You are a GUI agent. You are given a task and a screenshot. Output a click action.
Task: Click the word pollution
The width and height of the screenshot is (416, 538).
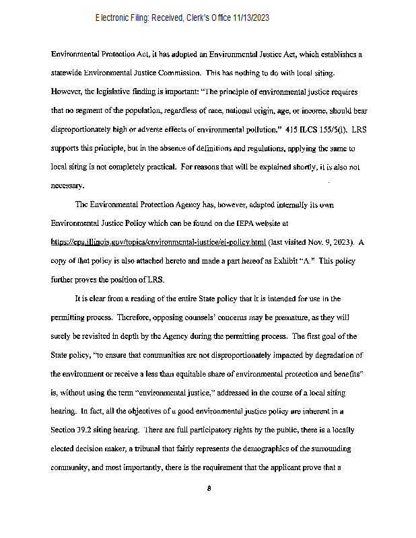[x=258, y=128]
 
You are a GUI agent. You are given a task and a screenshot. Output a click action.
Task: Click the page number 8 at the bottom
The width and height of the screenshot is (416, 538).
[x=209, y=488]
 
